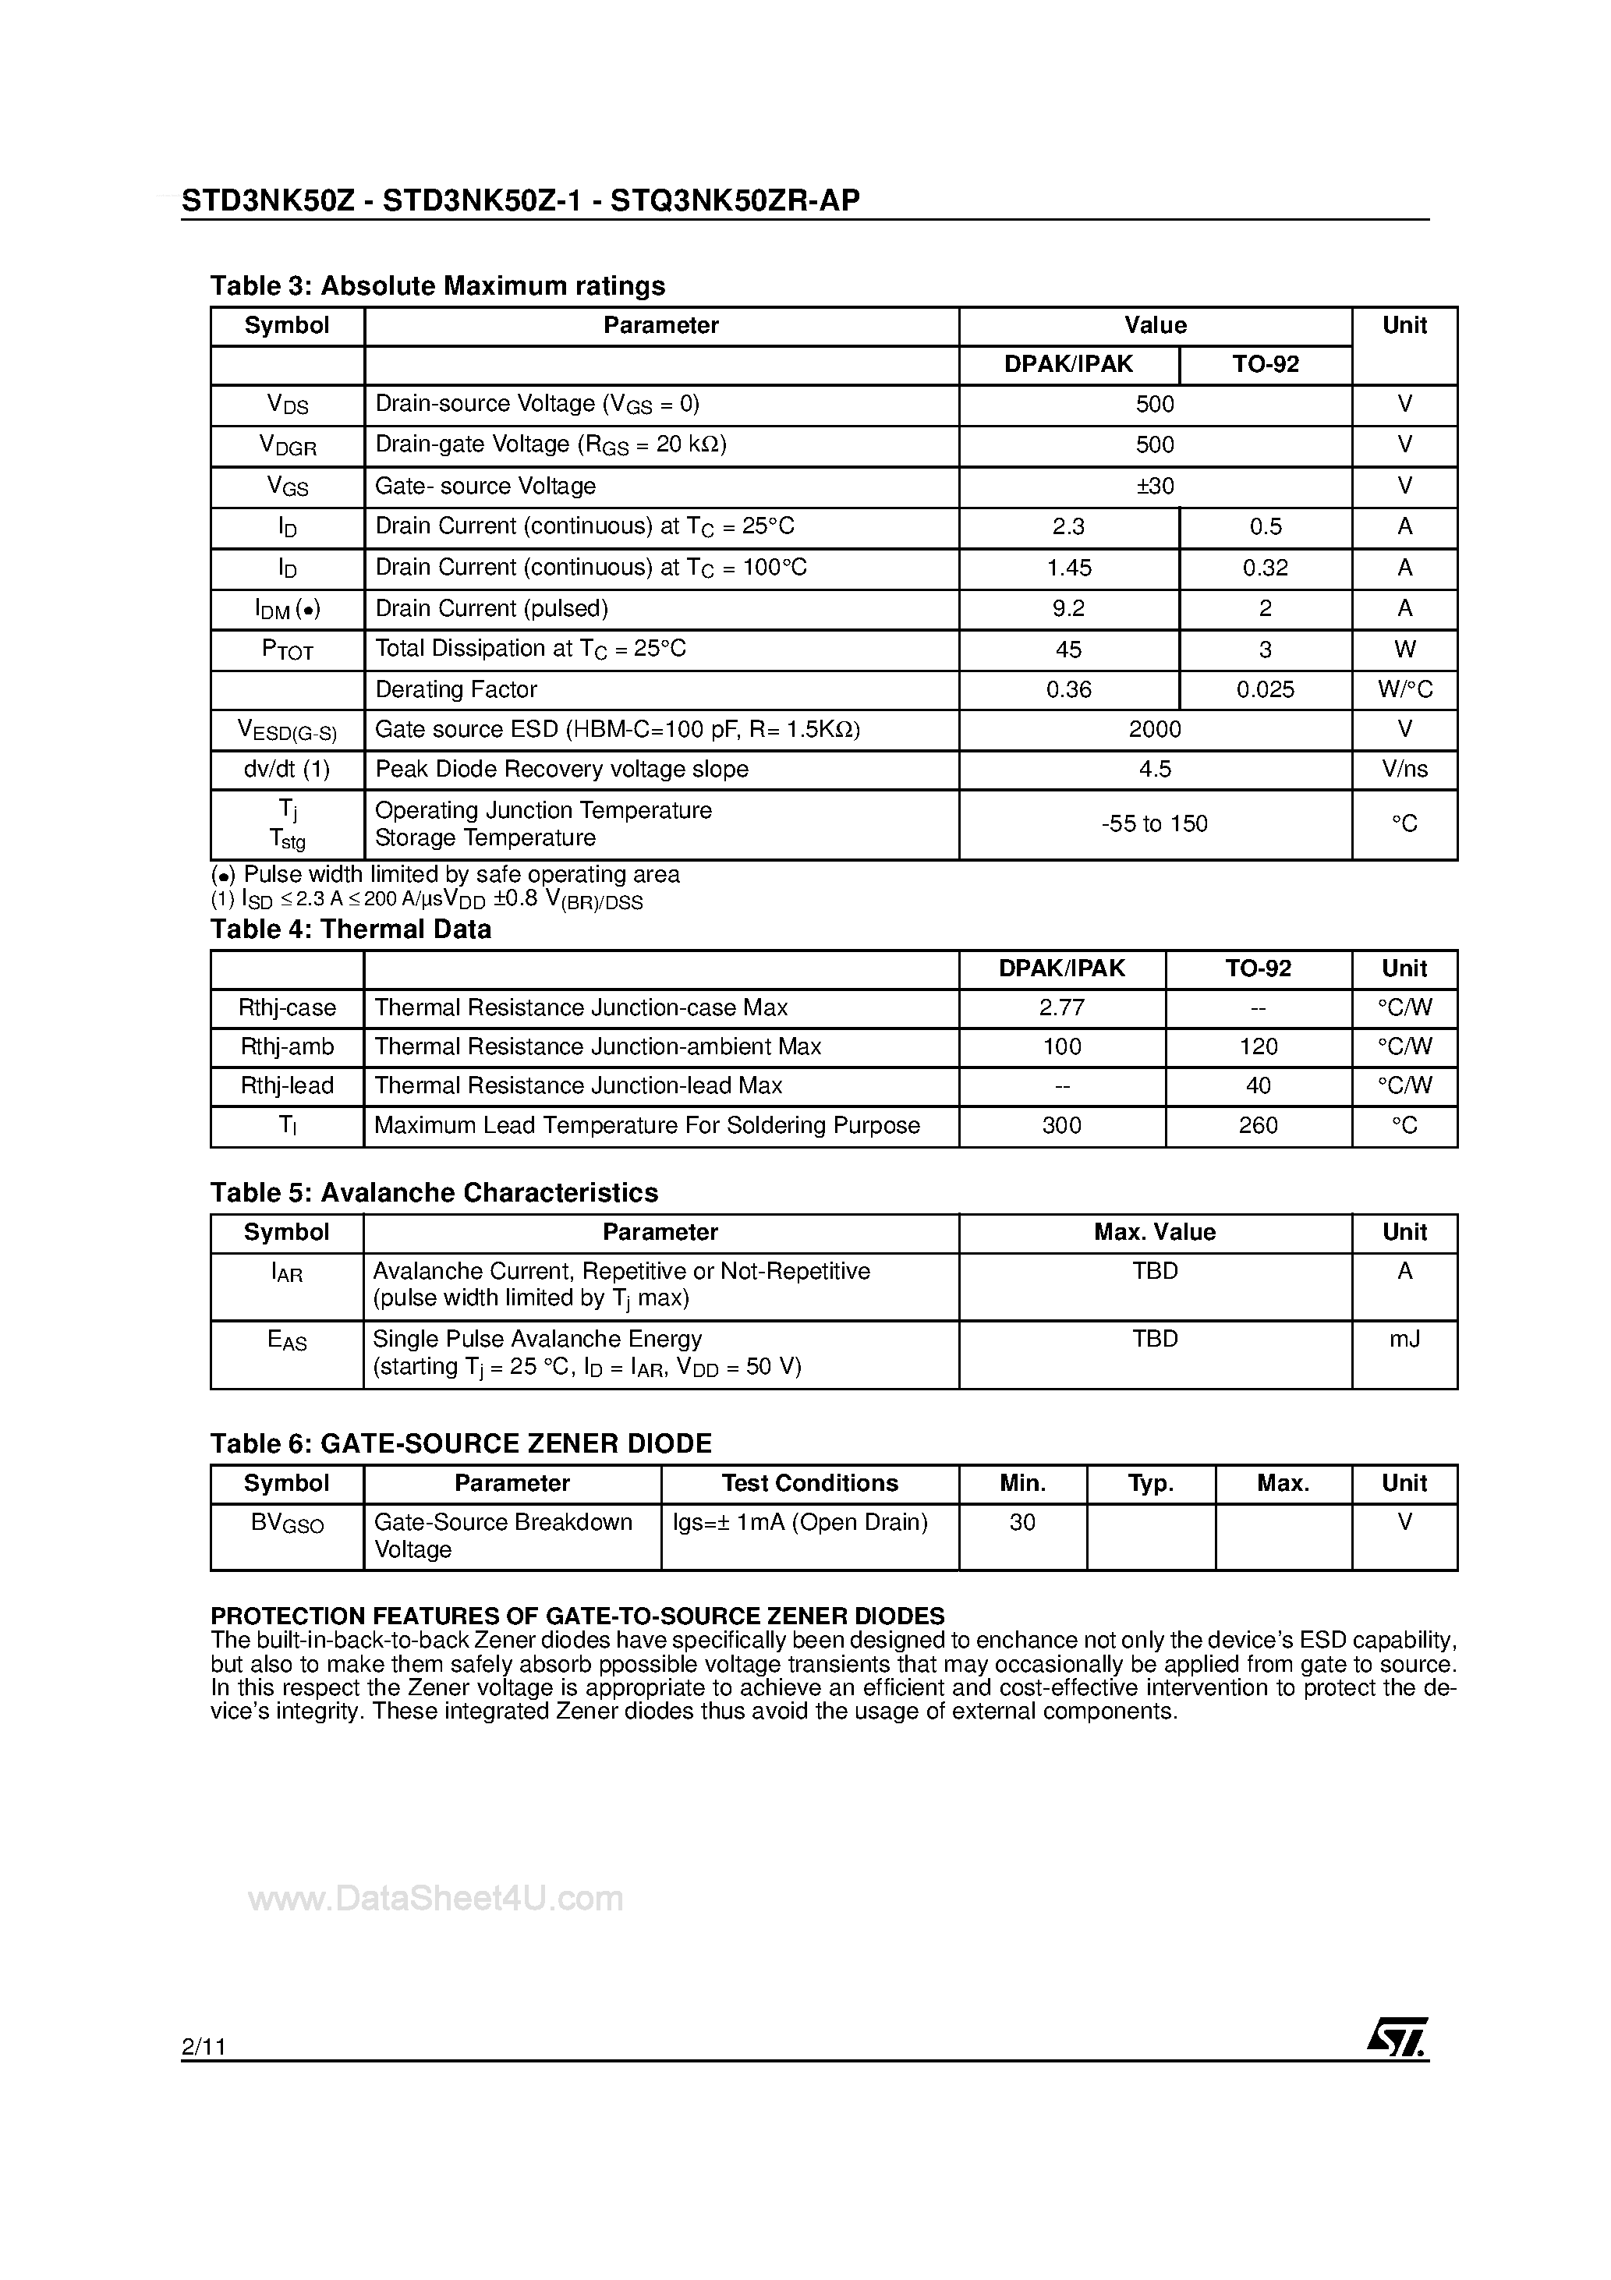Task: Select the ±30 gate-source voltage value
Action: click(1154, 486)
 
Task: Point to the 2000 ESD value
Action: click(1154, 729)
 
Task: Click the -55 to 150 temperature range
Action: click(1154, 823)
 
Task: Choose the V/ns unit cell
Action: click(1404, 769)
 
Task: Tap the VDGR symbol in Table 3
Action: click(287, 446)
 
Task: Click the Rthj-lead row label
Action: click(287, 1085)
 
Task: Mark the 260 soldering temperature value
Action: click(1258, 1125)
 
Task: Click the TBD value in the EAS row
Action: click(1154, 1339)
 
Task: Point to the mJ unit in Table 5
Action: click(1404, 1339)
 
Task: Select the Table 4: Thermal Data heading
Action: click(351, 929)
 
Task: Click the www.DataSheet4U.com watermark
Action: click(435, 1898)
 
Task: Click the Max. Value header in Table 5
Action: click(1154, 1231)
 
